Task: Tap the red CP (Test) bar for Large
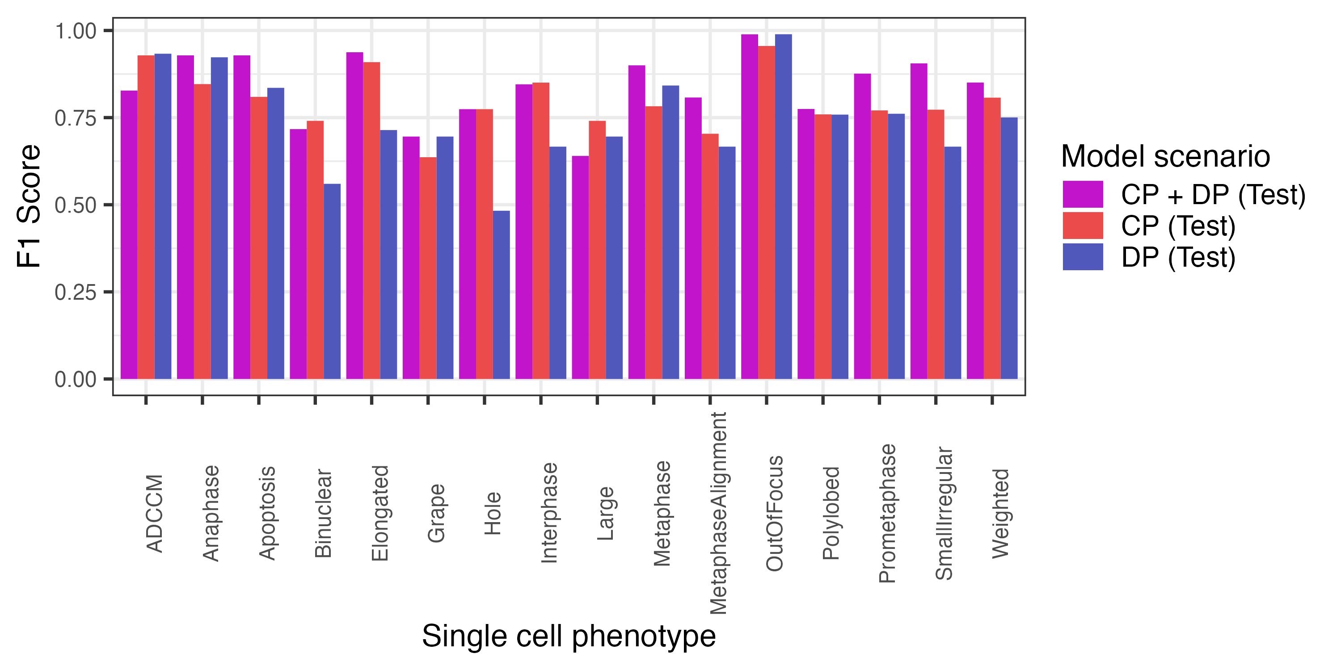[x=597, y=250]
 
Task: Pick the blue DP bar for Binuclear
[x=332, y=281]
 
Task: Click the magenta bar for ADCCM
[x=129, y=234]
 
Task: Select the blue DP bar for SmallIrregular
[x=952, y=263]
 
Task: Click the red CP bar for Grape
[x=427, y=268]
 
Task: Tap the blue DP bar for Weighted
[x=1008, y=248]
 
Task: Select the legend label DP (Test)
[x=1178, y=257]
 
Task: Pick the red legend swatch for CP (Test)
[x=1082, y=226]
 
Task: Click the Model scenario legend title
[x=1165, y=157]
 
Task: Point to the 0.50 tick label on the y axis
[x=76, y=205]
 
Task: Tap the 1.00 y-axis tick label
[x=76, y=31]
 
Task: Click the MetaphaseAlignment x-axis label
[x=718, y=513]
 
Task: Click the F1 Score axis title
[x=29, y=206]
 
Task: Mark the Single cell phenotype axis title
[x=569, y=636]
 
